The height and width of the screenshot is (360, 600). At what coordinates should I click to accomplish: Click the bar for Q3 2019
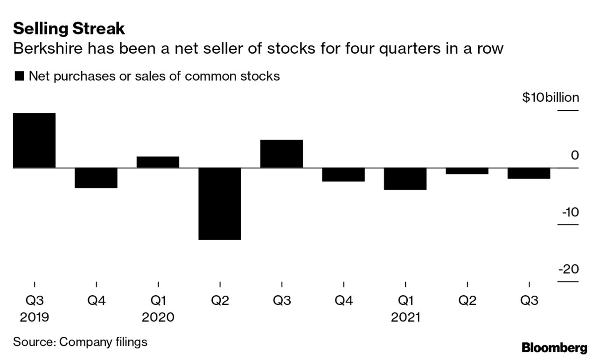pos(34,140)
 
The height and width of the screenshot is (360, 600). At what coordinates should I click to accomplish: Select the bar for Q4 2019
pos(96,178)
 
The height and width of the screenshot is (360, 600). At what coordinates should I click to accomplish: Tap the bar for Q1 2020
pos(158,162)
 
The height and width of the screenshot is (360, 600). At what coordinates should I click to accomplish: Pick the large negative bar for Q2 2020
pos(220,204)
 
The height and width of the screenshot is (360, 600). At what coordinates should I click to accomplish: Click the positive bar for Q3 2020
pos(281,154)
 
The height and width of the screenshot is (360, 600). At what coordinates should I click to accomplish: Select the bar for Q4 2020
pos(343,174)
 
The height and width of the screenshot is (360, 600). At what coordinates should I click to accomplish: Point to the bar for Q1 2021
pos(405,179)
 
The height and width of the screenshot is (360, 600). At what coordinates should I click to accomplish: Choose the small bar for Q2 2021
pos(467,171)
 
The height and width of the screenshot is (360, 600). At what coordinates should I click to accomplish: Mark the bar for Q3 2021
pos(529,173)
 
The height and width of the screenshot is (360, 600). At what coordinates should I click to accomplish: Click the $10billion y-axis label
pos(551,98)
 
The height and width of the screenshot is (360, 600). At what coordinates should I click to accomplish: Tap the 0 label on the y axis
pos(574,155)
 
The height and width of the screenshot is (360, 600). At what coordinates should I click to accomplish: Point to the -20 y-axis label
pos(569,270)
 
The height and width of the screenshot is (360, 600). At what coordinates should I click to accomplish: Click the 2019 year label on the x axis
pos(35,318)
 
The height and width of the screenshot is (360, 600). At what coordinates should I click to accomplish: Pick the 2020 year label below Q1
pos(158,318)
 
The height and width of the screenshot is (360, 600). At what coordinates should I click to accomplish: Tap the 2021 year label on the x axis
pos(405,318)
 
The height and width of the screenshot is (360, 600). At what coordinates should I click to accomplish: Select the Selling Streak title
pos(69,29)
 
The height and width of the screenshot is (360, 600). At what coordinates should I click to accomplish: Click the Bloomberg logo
pos(554,347)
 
